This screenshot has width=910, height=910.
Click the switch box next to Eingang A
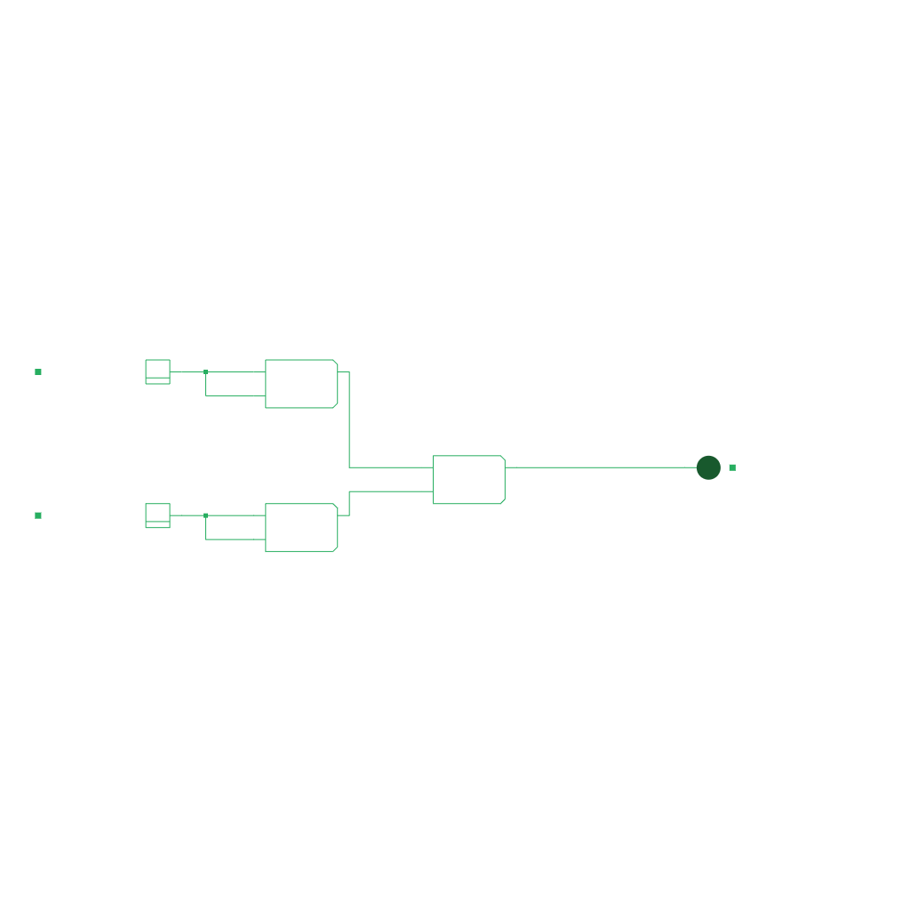coord(157,371)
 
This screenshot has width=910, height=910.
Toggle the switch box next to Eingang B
coord(157,515)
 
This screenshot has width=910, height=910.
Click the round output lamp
coord(708,467)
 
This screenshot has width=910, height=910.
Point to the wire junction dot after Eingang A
coord(205,371)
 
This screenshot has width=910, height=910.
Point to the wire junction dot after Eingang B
coord(205,515)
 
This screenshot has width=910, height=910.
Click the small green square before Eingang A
coord(38,371)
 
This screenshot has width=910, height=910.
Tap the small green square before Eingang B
coord(38,515)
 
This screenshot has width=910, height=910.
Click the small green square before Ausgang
coord(732,467)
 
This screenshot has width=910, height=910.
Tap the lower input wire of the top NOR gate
coord(235,395)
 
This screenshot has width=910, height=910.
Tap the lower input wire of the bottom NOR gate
coord(235,539)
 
